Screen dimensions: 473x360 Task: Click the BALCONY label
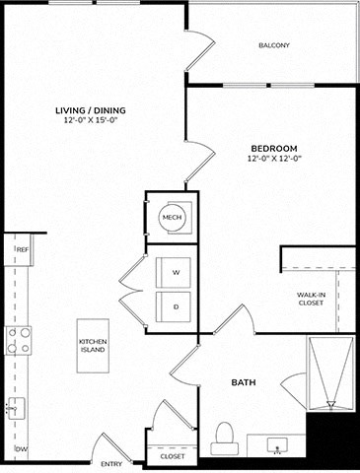273,45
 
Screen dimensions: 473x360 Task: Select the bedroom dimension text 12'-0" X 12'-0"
273,158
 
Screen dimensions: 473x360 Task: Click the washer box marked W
176,272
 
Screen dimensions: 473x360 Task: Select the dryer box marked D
176,306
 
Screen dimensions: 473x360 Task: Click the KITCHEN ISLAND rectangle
94,346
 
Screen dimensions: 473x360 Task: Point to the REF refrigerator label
20,251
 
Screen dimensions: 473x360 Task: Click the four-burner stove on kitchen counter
18,340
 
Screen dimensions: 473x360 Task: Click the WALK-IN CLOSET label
312,300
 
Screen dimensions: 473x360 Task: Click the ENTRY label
111,463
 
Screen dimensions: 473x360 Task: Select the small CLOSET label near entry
172,456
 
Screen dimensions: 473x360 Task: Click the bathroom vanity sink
274,443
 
